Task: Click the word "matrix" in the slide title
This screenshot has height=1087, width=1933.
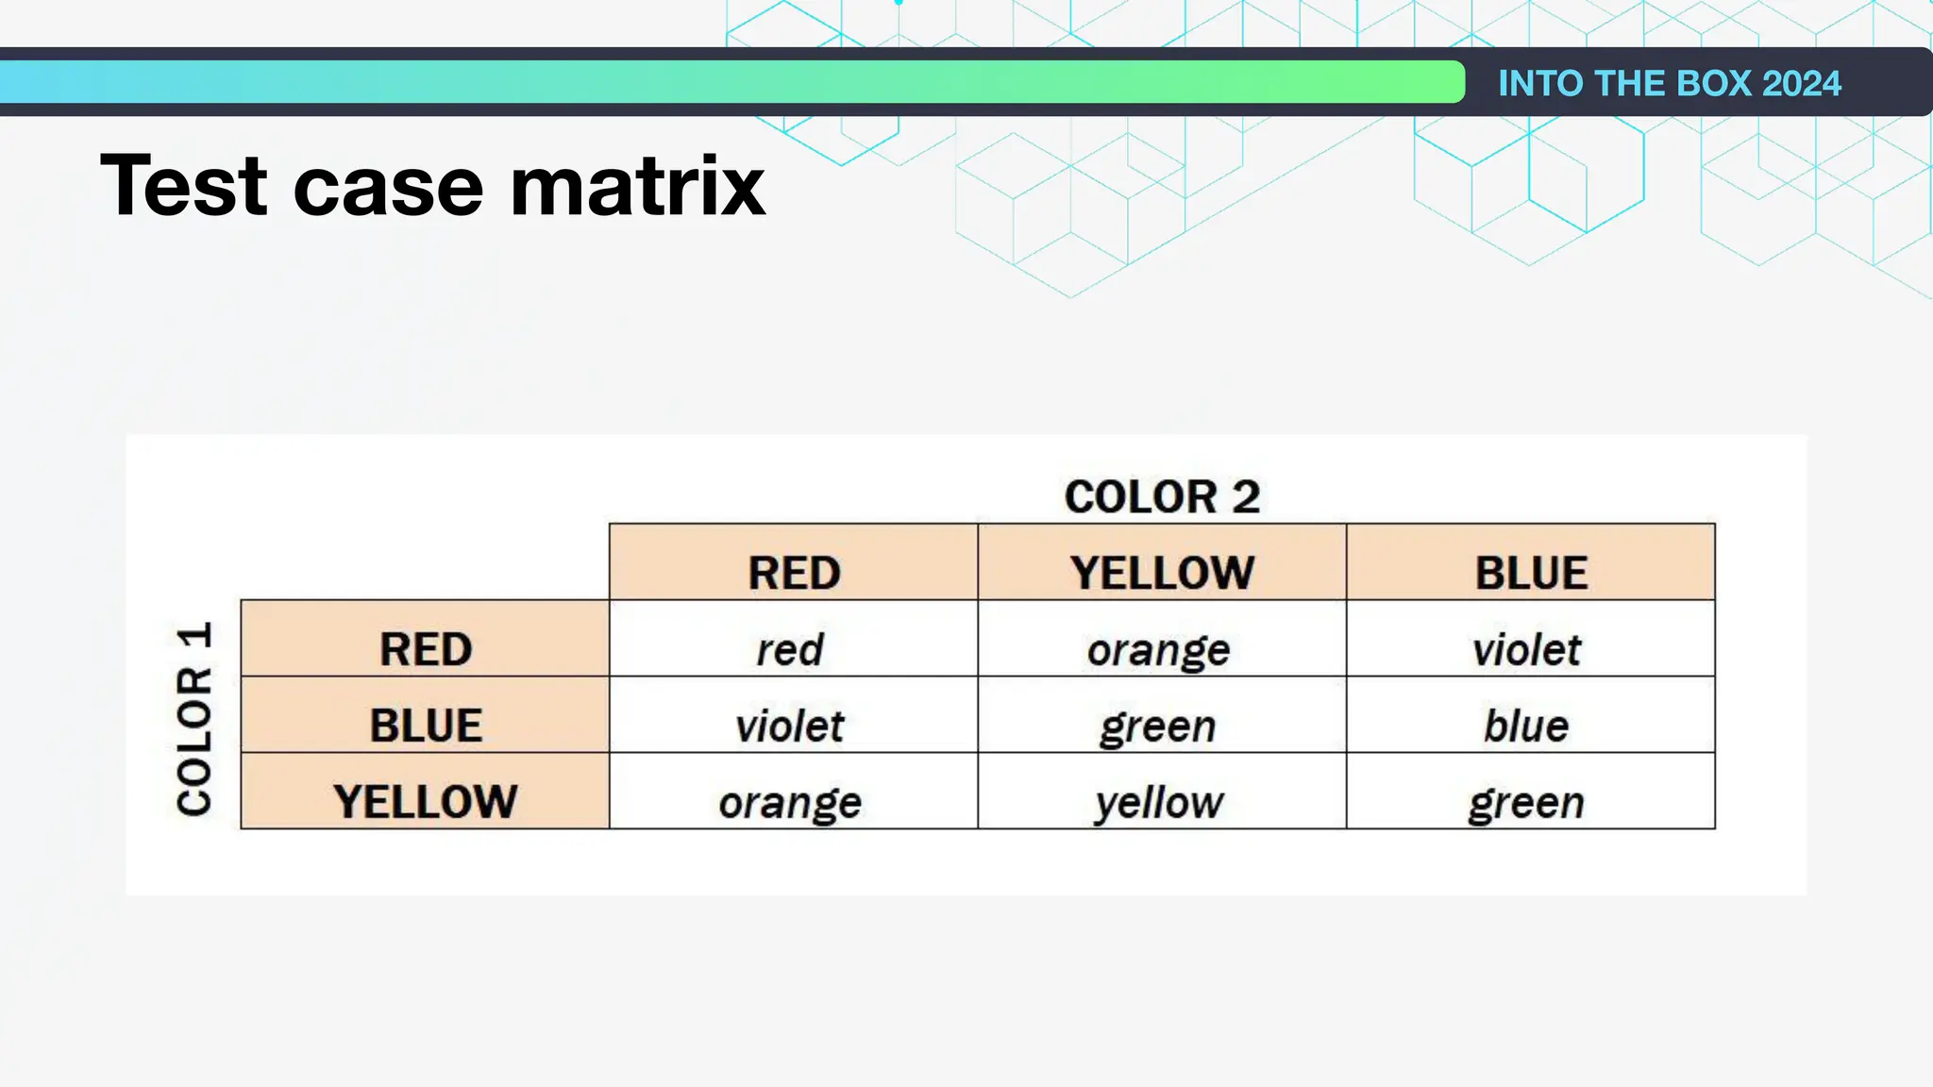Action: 637,186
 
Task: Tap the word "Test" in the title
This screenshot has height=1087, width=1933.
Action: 184,186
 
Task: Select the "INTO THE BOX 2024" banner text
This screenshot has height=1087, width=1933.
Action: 1669,83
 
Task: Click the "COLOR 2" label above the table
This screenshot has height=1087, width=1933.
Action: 1162,496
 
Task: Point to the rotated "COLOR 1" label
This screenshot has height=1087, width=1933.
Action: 194,718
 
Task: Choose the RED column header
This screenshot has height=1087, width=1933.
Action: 794,573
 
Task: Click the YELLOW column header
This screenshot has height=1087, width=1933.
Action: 1162,573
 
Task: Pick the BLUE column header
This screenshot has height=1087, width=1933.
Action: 1531,573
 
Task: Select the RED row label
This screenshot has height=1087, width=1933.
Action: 426,649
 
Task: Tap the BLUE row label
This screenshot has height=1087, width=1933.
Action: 426,726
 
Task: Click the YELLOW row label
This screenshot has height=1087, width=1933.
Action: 426,802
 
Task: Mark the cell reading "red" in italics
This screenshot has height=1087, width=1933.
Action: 790,649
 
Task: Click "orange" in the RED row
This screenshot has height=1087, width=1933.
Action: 1158,650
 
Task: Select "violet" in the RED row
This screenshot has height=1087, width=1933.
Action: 1526,649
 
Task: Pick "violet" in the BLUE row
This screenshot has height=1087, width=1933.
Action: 790,726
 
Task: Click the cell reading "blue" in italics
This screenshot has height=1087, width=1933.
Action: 1526,726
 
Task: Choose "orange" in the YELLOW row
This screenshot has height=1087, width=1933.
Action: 790,803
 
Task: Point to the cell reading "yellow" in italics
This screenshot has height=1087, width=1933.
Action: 1158,803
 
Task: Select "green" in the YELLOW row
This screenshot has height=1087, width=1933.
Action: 1526,803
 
